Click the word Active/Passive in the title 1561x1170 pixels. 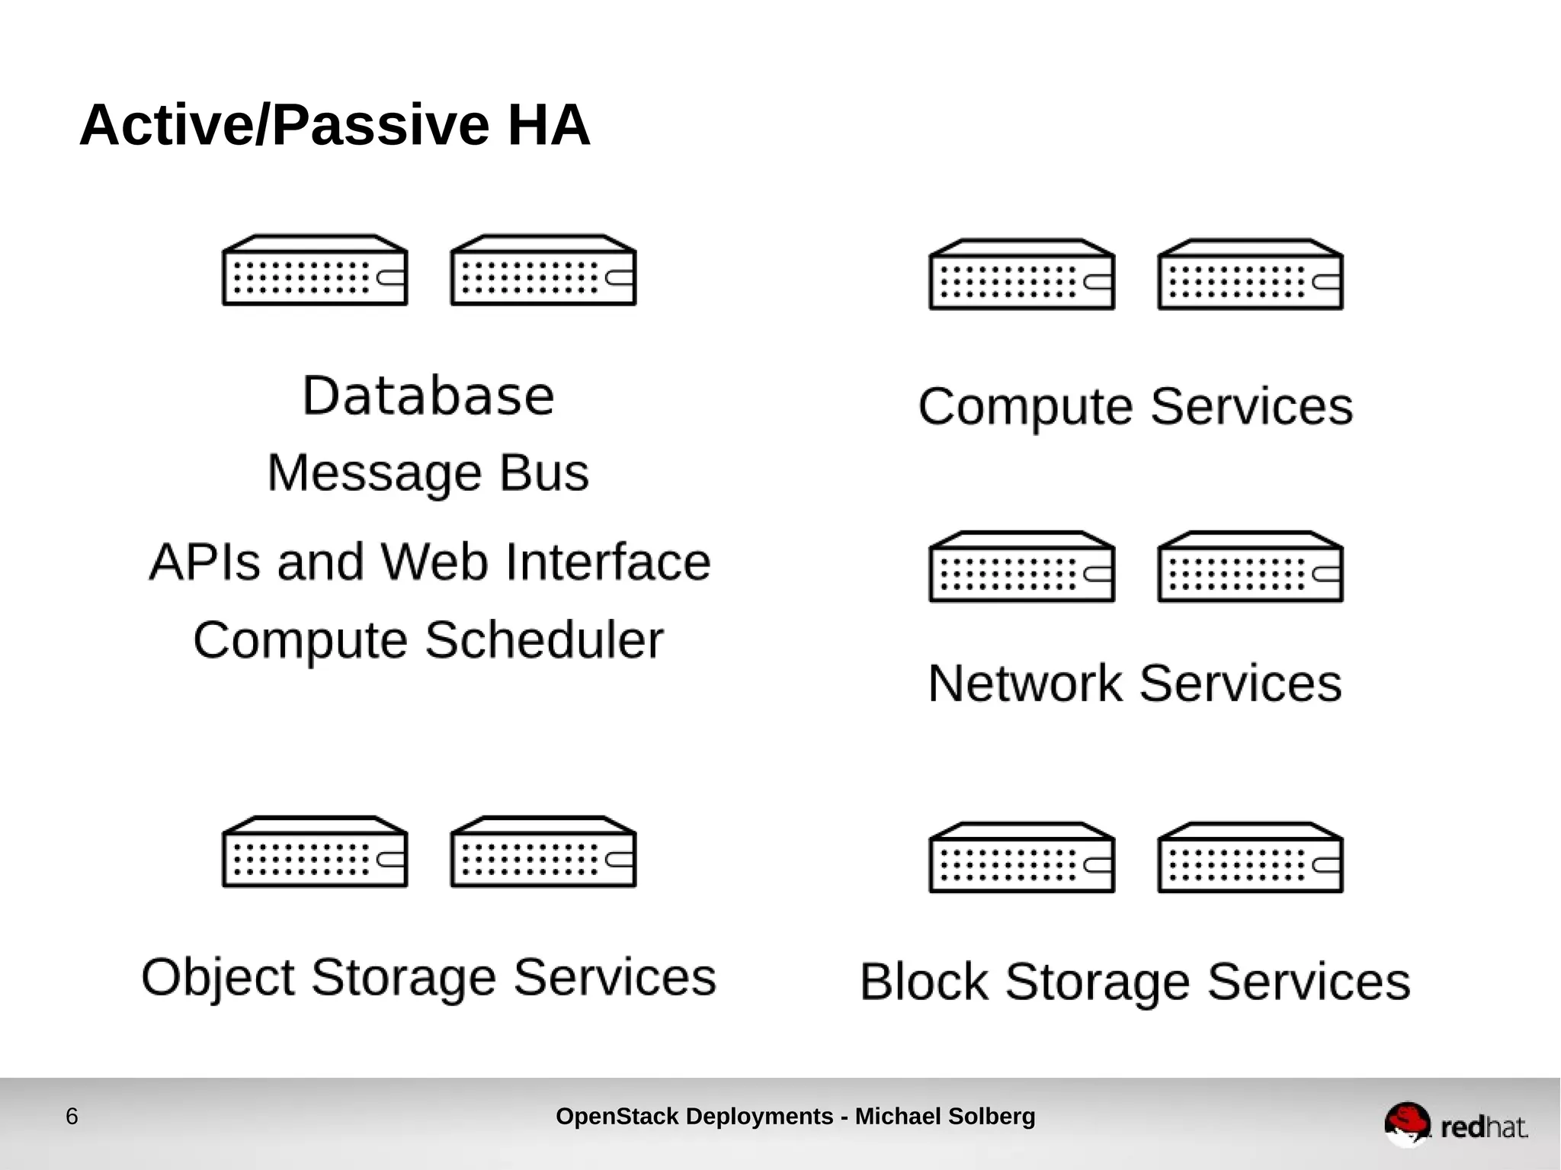pyautogui.click(x=284, y=125)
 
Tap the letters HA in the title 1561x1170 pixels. pyautogui.click(x=549, y=125)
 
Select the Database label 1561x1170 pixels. pyautogui.click(x=428, y=396)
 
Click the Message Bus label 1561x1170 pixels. pyautogui.click(x=428, y=473)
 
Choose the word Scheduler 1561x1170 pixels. pyautogui.click(x=543, y=639)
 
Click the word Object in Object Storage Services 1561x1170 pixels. pyautogui.click(x=218, y=978)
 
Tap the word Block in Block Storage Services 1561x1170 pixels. pyautogui.click(x=924, y=982)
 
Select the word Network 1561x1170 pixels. pyautogui.click(x=1024, y=683)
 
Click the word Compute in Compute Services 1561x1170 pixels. pyautogui.click(x=1026, y=406)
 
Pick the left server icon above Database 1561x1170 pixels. pyautogui.click(x=315, y=271)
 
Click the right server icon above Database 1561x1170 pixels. pyautogui.click(x=543, y=271)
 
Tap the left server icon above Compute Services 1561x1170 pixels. pyautogui.click(x=1021, y=275)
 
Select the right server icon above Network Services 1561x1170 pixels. pyautogui.click(x=1250, y=567)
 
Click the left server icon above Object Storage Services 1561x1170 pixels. pyautogui.click(x=315, y=852)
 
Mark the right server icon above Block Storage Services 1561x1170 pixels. pyautogui.click(x=1250, y=857)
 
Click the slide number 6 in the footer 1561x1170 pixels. pyautogui.click(x=72, y=1117)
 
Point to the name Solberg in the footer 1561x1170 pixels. pyautogui.click(x=992, y=1117)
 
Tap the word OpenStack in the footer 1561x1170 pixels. pyautogui.click(x=617, y=1117)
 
